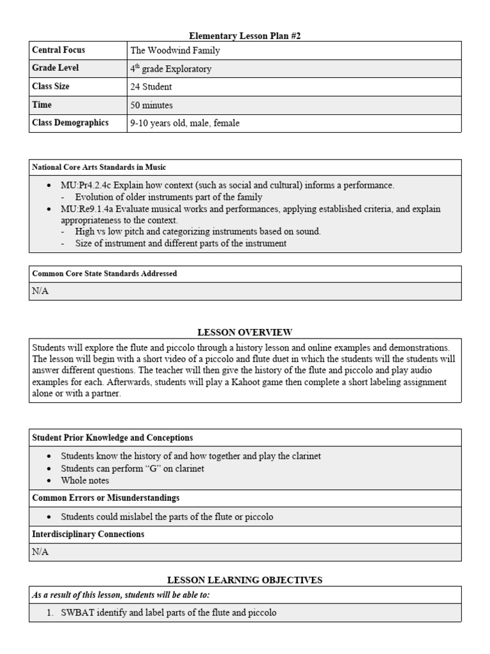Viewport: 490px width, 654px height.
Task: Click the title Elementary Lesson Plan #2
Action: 245,36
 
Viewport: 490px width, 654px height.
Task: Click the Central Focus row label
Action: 58,50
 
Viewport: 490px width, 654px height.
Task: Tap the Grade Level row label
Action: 56,68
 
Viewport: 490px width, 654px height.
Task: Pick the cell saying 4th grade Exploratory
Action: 170,68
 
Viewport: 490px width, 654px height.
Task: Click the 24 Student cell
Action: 151,86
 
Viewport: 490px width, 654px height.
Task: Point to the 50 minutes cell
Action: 152,105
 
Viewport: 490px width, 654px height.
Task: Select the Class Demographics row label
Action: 70,123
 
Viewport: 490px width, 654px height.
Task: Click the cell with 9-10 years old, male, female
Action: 185,123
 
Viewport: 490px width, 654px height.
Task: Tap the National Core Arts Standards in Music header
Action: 99,167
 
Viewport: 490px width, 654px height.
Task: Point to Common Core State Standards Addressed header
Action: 105,273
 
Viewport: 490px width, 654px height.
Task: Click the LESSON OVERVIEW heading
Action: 245,332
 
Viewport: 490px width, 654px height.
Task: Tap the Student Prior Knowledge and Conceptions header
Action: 112,437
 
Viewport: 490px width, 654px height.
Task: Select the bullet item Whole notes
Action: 85,480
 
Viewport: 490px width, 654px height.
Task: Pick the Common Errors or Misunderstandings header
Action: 105,498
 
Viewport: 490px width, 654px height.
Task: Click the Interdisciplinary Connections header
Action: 88,534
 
